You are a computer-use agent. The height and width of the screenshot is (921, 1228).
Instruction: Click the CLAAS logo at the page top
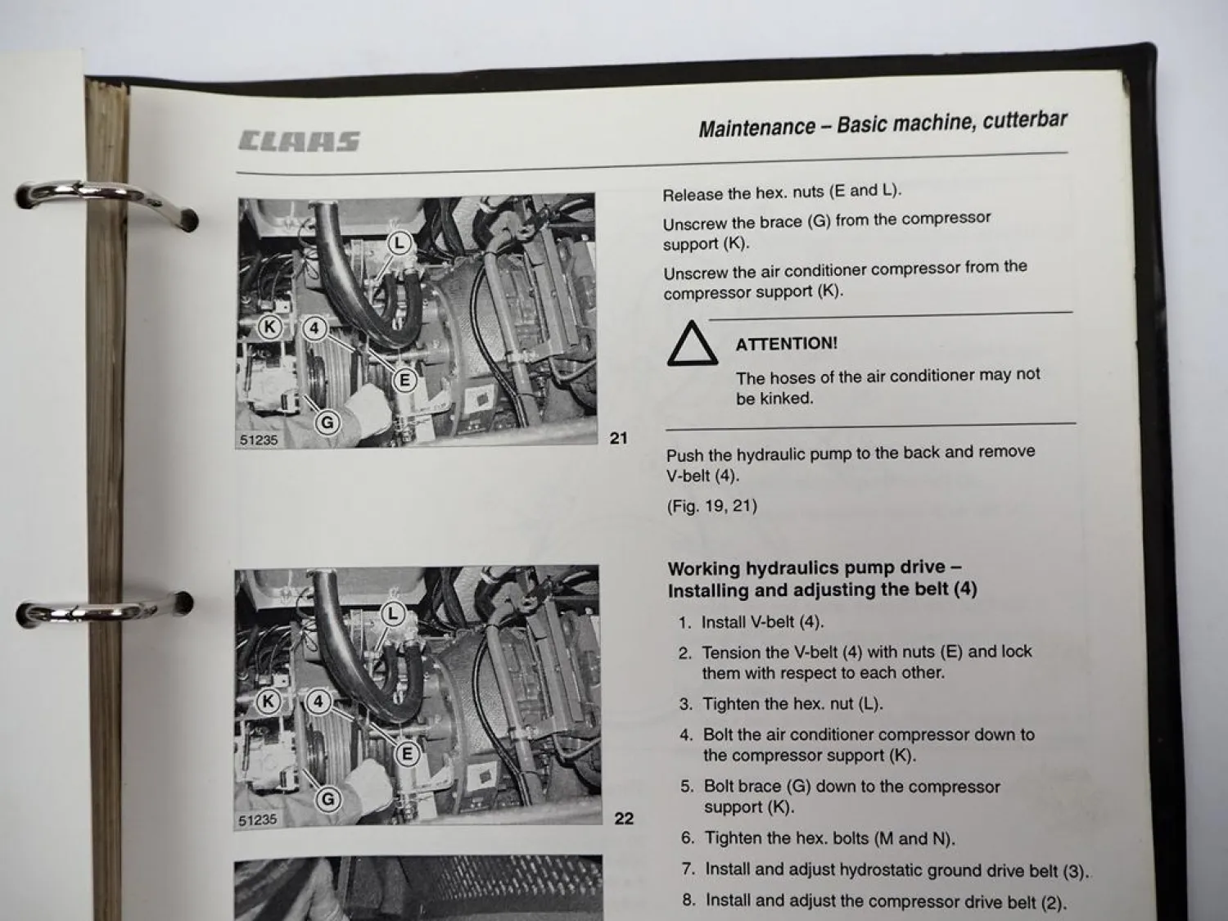299,142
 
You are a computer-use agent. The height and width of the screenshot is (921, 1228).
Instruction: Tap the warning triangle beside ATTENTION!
692,345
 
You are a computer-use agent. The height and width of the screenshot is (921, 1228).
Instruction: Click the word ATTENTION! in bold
786,344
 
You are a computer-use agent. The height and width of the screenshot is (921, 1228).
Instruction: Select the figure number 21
619,438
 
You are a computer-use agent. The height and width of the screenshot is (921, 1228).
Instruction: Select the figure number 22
624,818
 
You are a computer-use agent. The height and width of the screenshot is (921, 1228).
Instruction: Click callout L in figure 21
399,243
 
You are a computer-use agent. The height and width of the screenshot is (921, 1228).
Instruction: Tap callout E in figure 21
404,381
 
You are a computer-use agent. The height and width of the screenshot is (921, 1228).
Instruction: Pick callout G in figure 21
327,422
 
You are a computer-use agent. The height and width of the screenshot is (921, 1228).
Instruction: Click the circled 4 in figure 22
318,702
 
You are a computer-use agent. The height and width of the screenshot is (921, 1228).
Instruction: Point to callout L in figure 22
394,614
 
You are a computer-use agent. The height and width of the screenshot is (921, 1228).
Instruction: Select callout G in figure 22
328,799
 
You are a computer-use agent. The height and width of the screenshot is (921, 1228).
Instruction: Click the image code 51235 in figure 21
259,440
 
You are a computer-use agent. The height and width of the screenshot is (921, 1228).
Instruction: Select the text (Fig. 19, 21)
711,506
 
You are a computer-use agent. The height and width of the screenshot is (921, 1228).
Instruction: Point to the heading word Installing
710,590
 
